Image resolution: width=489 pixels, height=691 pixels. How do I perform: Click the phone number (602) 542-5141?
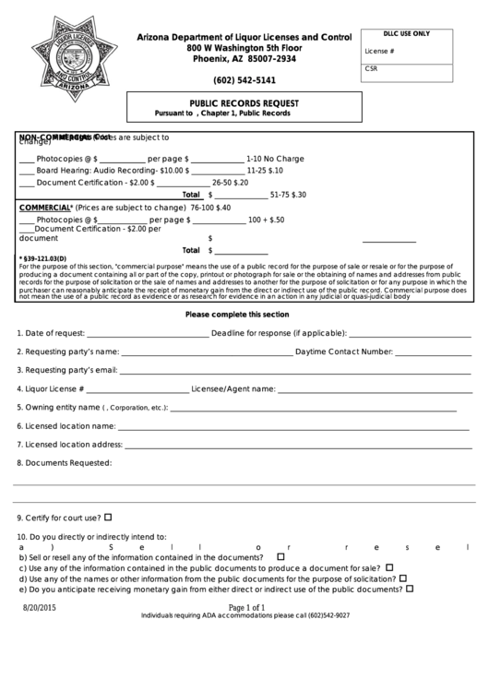pos(244,80)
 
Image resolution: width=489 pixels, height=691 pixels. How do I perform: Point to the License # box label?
pos(379,52)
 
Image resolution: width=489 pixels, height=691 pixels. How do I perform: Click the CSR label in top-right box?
pos(371,68)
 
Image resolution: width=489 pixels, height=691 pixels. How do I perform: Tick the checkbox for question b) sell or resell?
pos(280,556)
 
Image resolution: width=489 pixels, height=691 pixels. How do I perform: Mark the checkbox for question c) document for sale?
pos(389,567)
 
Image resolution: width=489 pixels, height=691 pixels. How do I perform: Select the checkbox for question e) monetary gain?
pos(410,588)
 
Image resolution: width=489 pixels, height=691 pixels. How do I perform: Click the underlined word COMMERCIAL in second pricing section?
pos(45,208)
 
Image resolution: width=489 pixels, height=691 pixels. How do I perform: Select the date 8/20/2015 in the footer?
pos(40,608)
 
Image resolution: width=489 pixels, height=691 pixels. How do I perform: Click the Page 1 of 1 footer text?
pos(244,607)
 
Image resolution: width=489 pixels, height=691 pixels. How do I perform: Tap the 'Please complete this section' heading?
pos(237,314)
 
